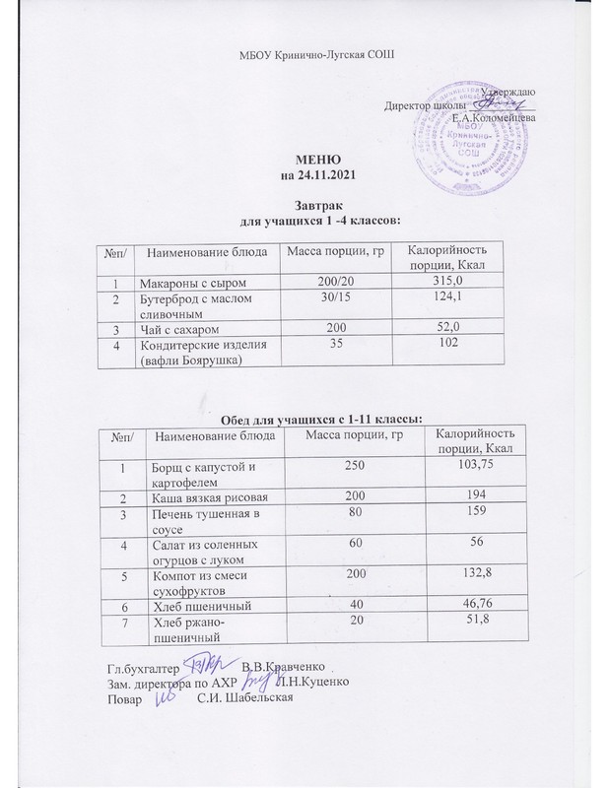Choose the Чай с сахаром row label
183,326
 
